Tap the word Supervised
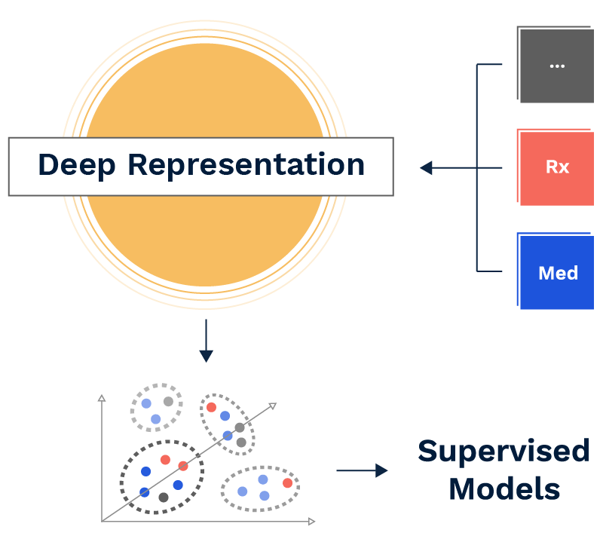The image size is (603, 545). [x=504, y=451]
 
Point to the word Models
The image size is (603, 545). [x=504, y=488]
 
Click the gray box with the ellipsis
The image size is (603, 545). [x=557, y=65]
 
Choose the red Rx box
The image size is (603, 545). [x=557, y=167]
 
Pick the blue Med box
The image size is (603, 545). [x=557, y=273]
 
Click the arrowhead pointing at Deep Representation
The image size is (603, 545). [x=426, y=167]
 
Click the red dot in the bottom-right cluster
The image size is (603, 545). [x=287, y=483]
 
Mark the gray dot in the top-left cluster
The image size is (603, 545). [x=168, y=402]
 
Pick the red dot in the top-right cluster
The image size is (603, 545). [x=212, y=407]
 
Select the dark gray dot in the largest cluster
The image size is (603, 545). [x=164, y=498]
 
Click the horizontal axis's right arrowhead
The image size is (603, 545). [x=311, y=520]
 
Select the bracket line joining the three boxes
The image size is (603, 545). [x=477, y=167]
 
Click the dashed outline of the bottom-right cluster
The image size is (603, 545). [x=260, y=509]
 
